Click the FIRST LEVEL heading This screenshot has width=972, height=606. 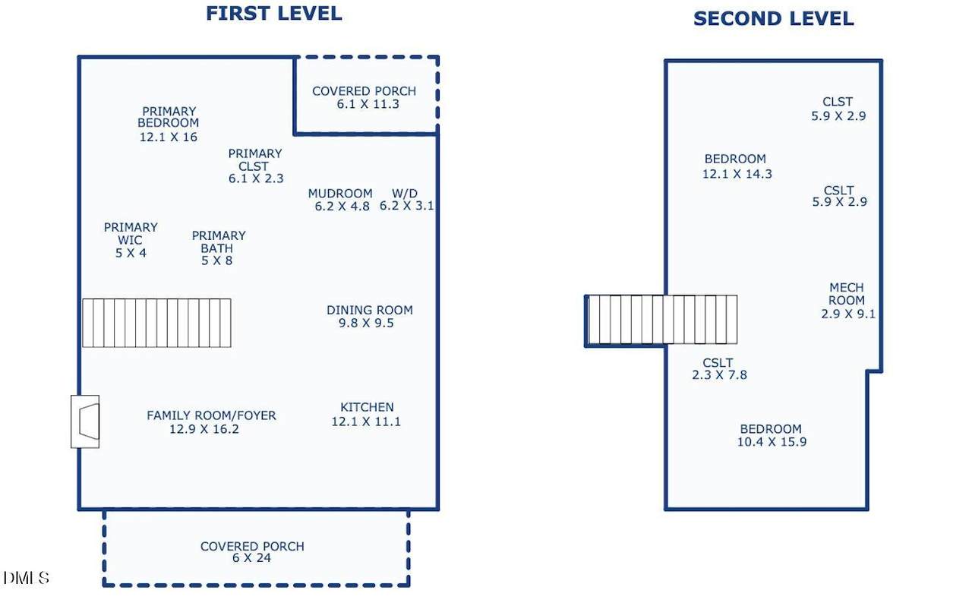coord(274,14)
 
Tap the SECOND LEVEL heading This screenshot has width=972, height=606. coord(774,19)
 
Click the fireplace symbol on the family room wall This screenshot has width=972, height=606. coord(86,421)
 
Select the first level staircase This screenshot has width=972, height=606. coord(156,323)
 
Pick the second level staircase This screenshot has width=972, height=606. coord(662,320)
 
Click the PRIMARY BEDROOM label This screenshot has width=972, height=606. coord(169,117)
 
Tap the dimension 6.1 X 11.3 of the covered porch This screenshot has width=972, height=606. coord(368,104)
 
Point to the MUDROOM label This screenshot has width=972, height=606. coord(340,193)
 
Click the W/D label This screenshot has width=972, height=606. coord(405,193)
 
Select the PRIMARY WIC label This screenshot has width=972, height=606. coord(131,234)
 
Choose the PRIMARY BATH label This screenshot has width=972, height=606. coord(219,241)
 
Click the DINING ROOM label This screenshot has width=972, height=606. coord(370,310)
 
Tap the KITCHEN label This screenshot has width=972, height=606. coord(367,407)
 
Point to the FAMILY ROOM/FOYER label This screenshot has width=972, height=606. coord(211,415)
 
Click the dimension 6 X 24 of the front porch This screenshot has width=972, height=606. coord(251,558)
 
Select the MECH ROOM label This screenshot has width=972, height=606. coord(847,294)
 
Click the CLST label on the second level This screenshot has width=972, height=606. coord(838,102)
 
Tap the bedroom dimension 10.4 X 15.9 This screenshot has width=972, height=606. coord(772,442)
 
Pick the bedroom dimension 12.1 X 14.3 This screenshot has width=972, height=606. coord(737,174)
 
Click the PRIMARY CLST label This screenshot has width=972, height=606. coord(254,159)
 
